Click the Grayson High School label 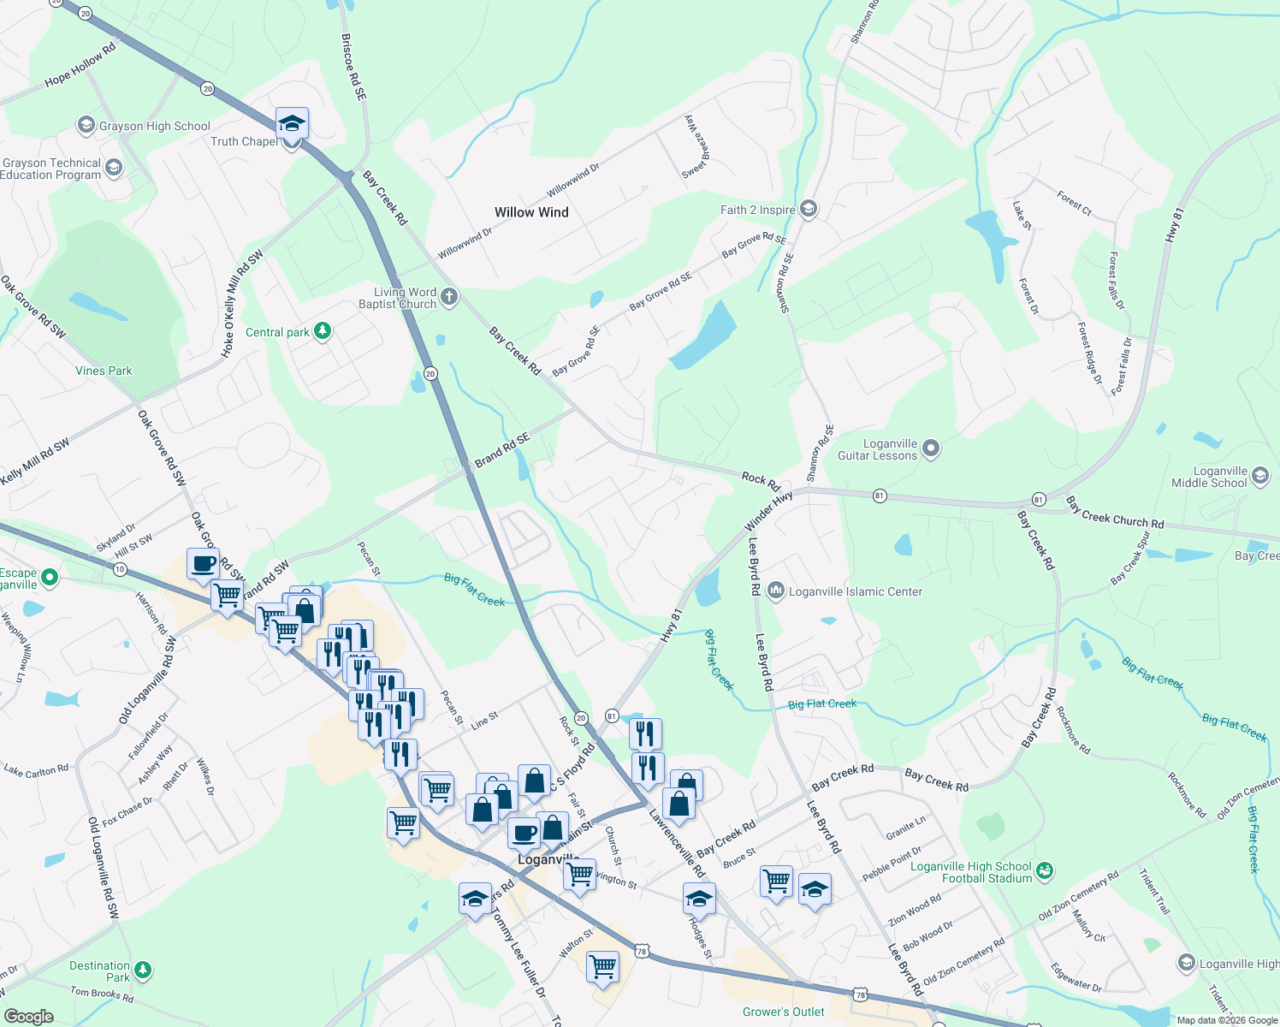coord(154,127)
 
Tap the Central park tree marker coord(323,332)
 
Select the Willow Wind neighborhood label coord(531,212)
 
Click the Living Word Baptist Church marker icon coord(449,298)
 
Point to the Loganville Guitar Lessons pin coord(932,448)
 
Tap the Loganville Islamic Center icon coord(776,591)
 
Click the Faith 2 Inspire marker coord(809,210)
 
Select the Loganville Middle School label coord(1209,477)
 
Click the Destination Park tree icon coord(143,970)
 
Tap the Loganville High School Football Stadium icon coord(1044,871)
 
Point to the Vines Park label coord(104,371)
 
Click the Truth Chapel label coord(244,142)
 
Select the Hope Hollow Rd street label coord(80,65)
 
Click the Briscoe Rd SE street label coord(353,68)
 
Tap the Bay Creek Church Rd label coord(1114,512)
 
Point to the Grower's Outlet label coord(784,1012)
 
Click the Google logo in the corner coord(28,1016)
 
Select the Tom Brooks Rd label coord(102,994)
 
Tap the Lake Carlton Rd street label coord(36,770)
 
